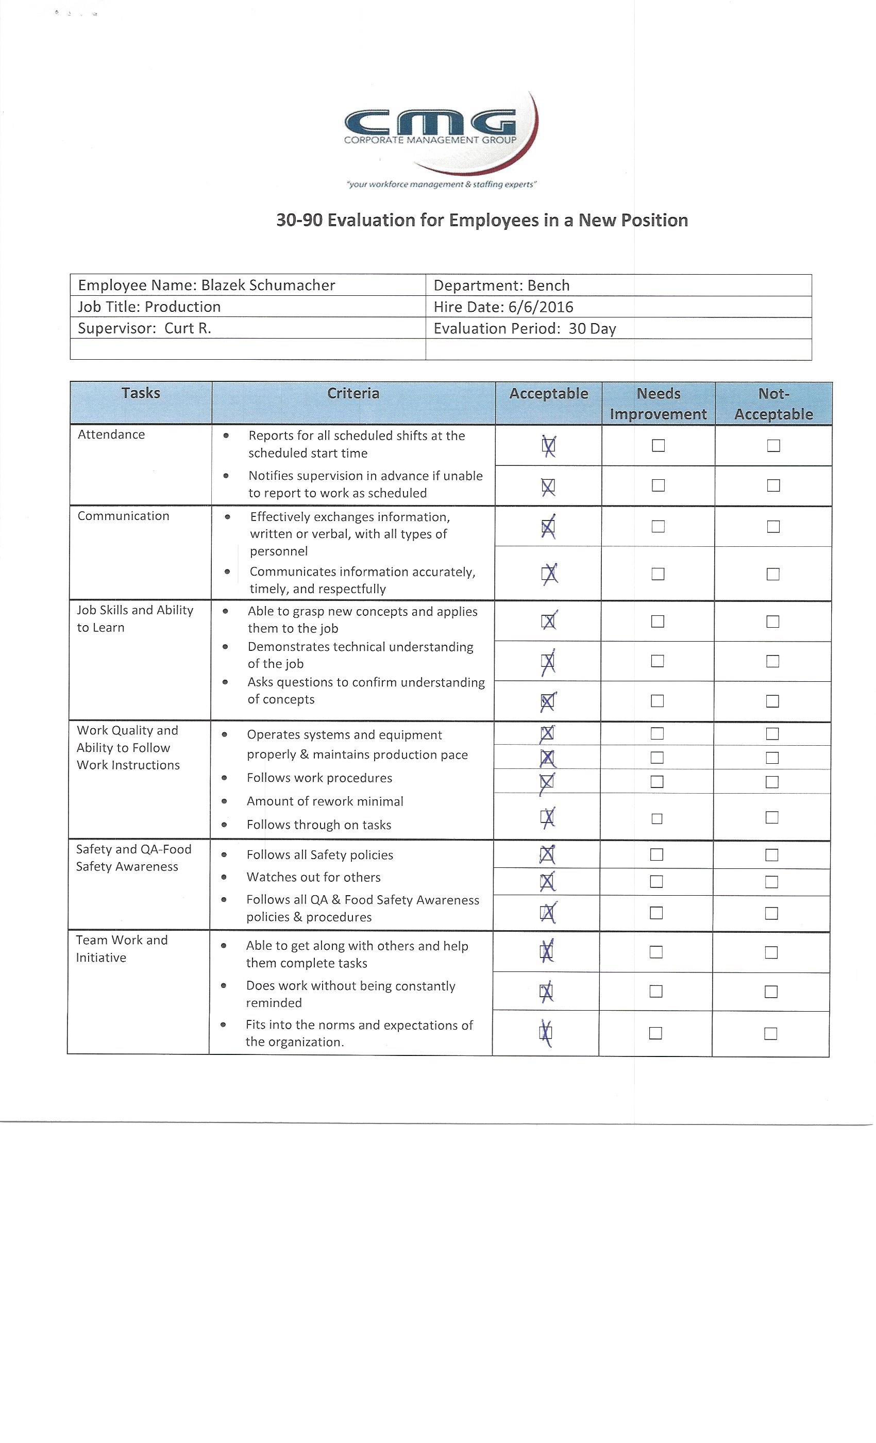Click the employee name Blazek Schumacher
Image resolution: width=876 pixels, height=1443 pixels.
267,285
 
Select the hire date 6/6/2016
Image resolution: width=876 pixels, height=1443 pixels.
541,307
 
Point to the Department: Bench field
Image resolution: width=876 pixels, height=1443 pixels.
501,285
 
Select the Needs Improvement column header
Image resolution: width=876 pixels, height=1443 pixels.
658,404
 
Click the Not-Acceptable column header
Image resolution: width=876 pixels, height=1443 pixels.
773,404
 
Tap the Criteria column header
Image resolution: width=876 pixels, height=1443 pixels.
353,394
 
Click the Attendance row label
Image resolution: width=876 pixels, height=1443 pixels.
111,434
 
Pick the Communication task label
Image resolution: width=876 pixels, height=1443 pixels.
124,516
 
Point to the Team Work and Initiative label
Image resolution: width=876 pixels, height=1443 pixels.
122,948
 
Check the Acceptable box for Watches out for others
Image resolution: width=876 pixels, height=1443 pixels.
547,881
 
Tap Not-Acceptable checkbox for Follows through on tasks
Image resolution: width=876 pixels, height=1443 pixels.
772,817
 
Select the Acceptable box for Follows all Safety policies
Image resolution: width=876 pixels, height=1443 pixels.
547,854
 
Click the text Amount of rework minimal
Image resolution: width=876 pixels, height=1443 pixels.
325,801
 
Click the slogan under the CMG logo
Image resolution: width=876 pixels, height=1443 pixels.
442,184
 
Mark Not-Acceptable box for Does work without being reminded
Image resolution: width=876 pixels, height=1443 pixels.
771,992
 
